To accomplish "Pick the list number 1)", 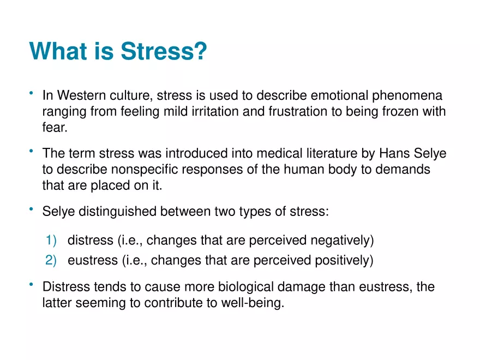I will pyautogui.click(x=51, y=241).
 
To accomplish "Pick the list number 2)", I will pyautogui.click(x=51, y=261).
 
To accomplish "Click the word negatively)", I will pyautogui.click(x=342, y=241).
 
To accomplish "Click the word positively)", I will pyautogui.click(x=344, y=261).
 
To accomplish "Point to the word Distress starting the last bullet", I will pyautogui.click(x=64, y=287).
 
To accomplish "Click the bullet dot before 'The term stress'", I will pyautogui.click(x=32, y=151).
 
